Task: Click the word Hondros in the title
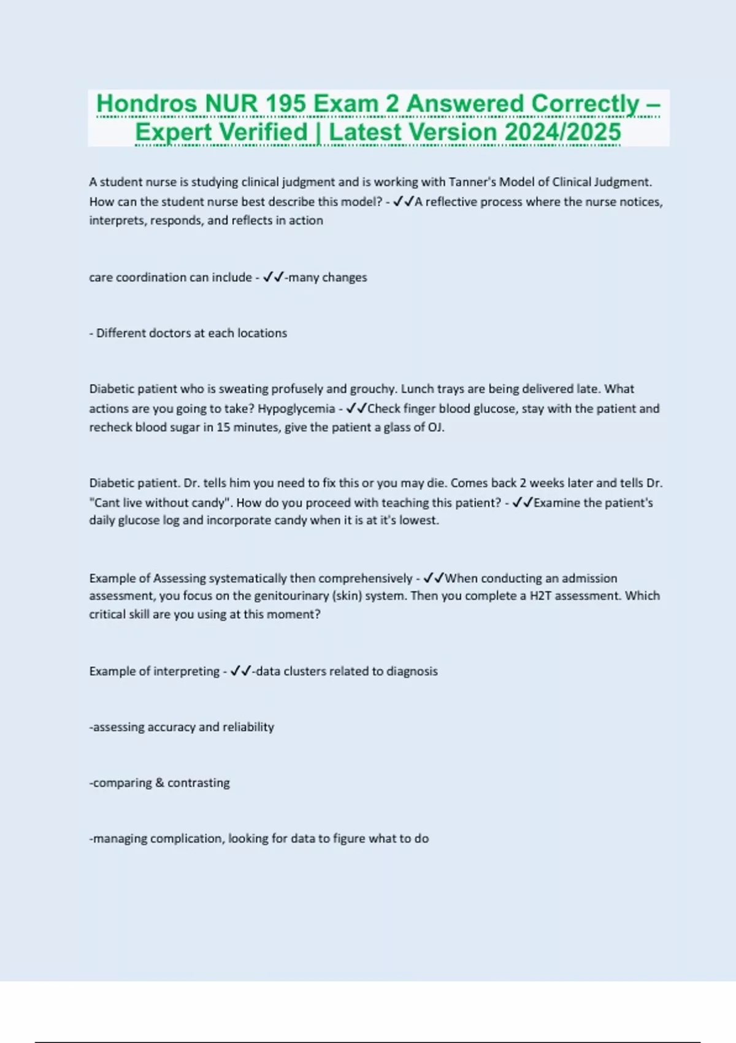147,104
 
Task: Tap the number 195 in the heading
286,104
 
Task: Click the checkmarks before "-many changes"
273,277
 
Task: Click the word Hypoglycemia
296,409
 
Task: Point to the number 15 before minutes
223,427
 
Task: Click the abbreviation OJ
435,427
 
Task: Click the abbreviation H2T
540,596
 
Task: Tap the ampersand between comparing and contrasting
159,783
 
